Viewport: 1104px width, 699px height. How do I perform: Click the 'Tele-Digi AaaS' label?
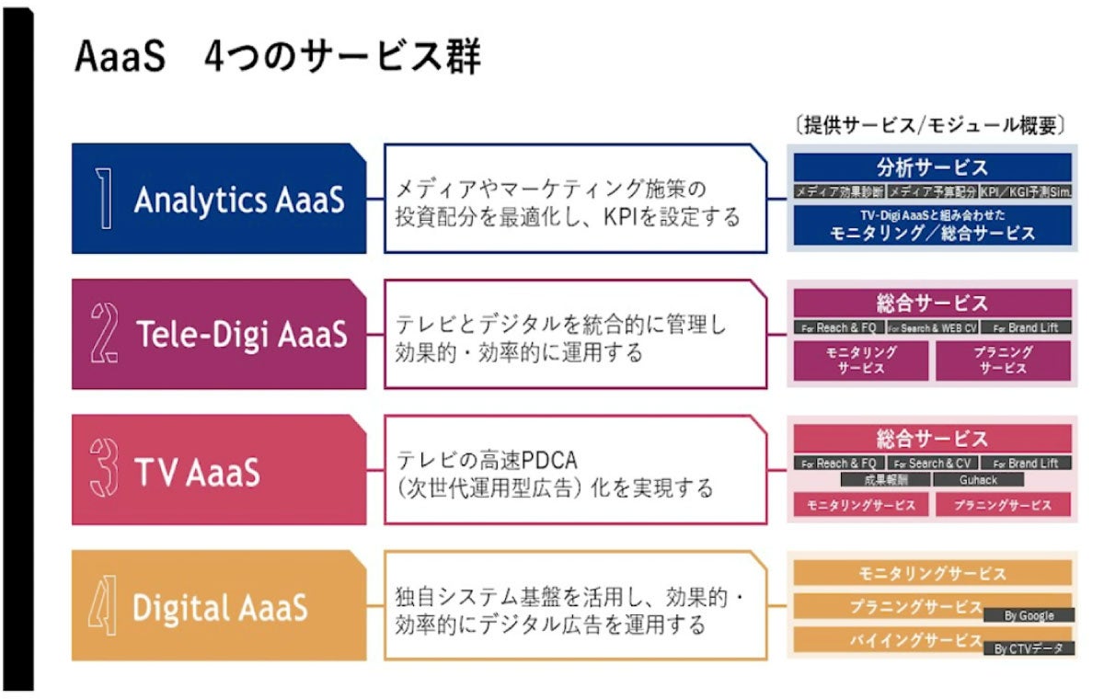(x=242, y=335)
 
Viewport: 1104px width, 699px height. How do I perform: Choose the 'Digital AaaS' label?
(x=220, y=607)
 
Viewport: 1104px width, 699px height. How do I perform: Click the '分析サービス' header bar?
(x=932, y=167)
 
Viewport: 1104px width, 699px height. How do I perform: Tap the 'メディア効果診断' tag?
(x=839, y=192)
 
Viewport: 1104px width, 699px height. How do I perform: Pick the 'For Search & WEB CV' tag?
(x=932, y=327)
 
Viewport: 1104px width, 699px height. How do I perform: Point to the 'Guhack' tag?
(x=978, y=480)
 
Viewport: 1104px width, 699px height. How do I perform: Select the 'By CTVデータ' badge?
(x=1029, y=648)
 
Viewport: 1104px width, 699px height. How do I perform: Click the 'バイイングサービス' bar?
(x=914, y=640)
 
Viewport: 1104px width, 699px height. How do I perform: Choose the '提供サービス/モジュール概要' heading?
(x=930, y=126)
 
